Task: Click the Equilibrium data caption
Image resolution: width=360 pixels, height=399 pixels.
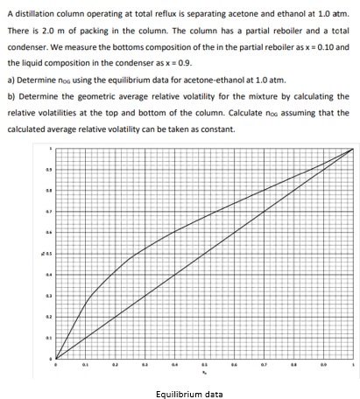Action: click(187, 394)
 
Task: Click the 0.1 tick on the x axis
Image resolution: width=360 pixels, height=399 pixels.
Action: click(85, 367)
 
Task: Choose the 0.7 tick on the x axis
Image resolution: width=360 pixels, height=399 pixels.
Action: click(264, 367)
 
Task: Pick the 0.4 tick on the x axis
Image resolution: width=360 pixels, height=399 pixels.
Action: click(174, 367)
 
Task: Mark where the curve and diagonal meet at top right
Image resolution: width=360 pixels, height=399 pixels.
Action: click(352, 150)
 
